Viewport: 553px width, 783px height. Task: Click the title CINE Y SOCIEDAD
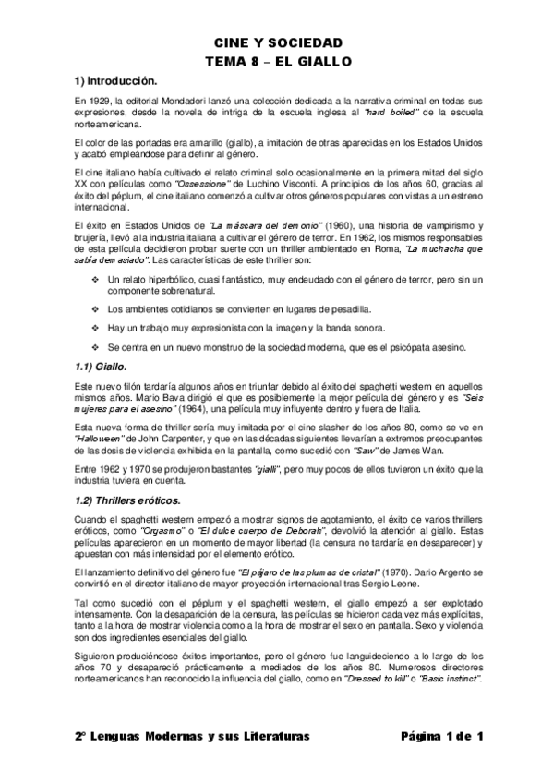click(277, 42)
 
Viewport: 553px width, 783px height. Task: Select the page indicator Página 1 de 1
click(442, 735)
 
